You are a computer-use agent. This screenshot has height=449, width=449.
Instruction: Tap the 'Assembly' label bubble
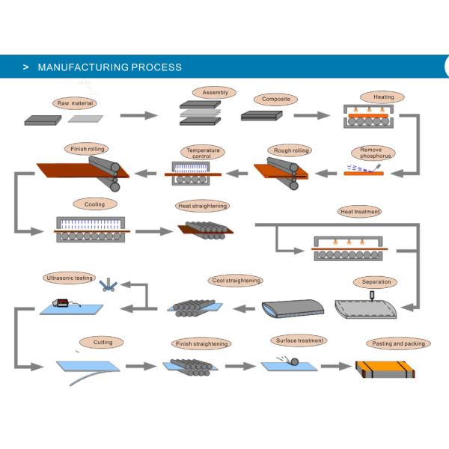(x=216, y=93)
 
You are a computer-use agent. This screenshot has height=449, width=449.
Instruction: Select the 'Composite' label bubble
(x=275, y=99)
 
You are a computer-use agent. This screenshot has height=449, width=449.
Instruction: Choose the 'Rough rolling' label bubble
(x=291, y=150)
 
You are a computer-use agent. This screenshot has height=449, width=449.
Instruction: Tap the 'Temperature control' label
(x=204, y=153)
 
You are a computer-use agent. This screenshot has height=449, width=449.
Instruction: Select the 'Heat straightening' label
(x=201, y=205)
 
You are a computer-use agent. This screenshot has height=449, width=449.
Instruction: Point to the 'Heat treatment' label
(x=361, y=212)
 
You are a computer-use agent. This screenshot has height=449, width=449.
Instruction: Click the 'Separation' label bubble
(x=376, y=282)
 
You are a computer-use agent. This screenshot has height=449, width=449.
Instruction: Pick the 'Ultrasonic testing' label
(x=70, y=278)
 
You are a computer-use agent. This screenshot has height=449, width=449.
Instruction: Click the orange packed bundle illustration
(x=384, y=368)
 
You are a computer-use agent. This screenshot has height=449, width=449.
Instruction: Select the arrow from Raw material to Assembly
(x=139, y=115)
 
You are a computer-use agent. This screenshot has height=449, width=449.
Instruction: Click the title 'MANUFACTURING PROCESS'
(x=109, y=67)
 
